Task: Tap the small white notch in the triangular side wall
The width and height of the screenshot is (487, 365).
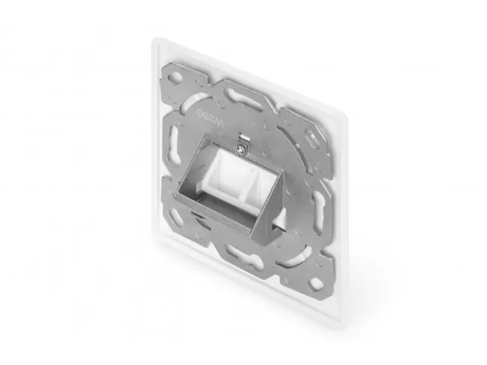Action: [x=279, y=217]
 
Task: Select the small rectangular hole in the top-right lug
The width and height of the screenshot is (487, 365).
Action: [x=312, y=138]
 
